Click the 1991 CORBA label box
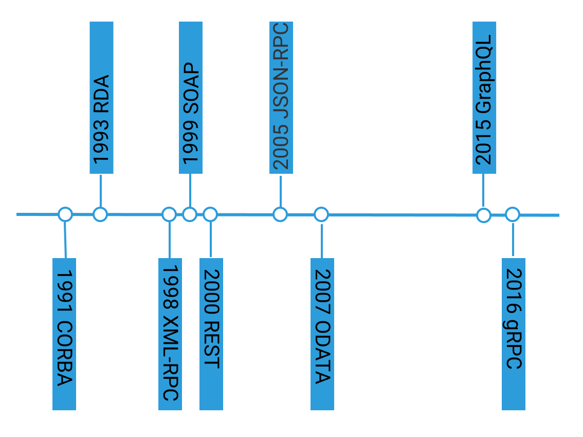(64, 334)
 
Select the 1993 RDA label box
(101, 98)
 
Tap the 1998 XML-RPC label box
(170, 334)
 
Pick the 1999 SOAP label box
(191, 98)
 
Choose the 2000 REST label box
(211, 334)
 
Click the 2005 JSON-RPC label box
(281, 98)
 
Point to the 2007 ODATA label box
(322, 334)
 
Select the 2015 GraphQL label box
(484, 98)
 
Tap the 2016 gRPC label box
(513, 334)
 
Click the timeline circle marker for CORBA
(65, 214)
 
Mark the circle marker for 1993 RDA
(100, 214)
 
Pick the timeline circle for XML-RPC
(169, 214)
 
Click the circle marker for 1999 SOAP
(190, 214)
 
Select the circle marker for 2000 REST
(210, 214)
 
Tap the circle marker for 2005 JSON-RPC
(280, 214)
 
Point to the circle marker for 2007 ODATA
(321, 214)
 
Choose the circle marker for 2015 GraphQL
(483, 215)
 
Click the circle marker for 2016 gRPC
(512, 214)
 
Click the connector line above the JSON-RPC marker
(280, 190)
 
